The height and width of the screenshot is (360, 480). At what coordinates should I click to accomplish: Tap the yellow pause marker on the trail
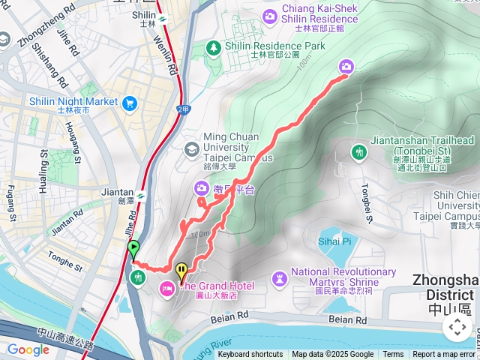(x=181, y=271)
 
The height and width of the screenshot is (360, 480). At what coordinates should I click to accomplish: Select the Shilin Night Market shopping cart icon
(x=130, y=102)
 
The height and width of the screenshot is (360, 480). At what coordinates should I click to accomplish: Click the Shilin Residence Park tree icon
(x=214, y=47)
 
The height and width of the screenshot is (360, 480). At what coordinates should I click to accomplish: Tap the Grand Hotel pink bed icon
(x=166, y=286)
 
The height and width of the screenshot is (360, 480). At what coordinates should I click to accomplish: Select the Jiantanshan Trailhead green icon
(x=358, y=152)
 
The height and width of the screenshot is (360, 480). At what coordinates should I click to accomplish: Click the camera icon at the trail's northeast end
(x=346, y=67)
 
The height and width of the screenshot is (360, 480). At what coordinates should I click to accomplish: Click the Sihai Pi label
(x=336, y=241)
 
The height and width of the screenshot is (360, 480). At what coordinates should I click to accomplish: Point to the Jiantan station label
(x=116, y=192)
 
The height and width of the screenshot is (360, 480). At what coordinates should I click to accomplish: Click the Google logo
(x=28, y=349)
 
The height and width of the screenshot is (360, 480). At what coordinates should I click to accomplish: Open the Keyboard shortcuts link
(x=250, y=355)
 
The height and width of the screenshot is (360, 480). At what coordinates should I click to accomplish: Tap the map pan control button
(x=457, y=327)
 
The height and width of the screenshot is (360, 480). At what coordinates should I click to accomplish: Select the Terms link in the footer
(x=393, y=355)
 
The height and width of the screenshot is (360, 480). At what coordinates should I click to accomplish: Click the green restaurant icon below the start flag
(x=138, y=277)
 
